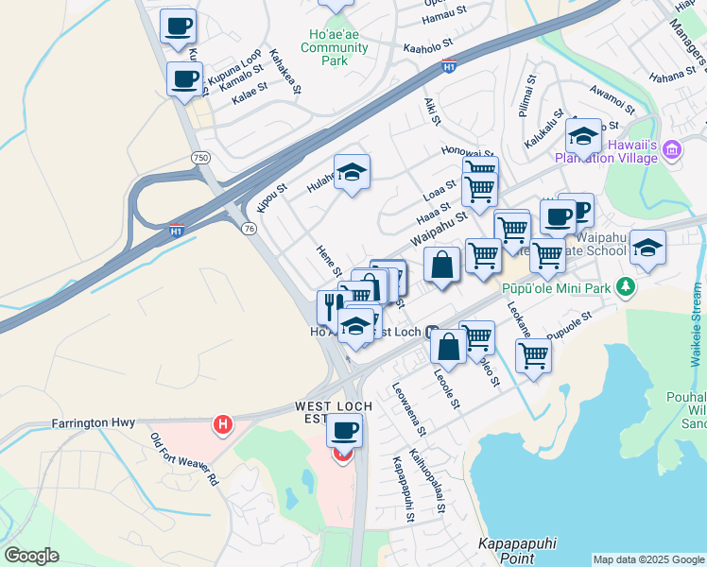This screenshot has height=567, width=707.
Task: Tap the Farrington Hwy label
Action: [x=94, y=423]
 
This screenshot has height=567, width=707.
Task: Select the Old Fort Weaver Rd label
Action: [x=183, y=459]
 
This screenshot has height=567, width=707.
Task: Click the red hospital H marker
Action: [x=223, y=425]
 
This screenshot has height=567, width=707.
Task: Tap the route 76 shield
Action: [x=249, y=228]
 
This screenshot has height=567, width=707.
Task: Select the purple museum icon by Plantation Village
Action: [x=672, y=148]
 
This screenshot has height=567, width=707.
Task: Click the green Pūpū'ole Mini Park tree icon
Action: [x=623, y=285]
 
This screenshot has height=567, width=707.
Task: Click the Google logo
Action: [x=31, y=556]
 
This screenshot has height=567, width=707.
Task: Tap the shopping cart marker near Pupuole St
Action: [x=533, y=356]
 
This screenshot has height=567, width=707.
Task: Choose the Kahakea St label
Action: [x=284, y=73]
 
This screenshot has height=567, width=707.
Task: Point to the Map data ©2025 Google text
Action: [x=648, y=559]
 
